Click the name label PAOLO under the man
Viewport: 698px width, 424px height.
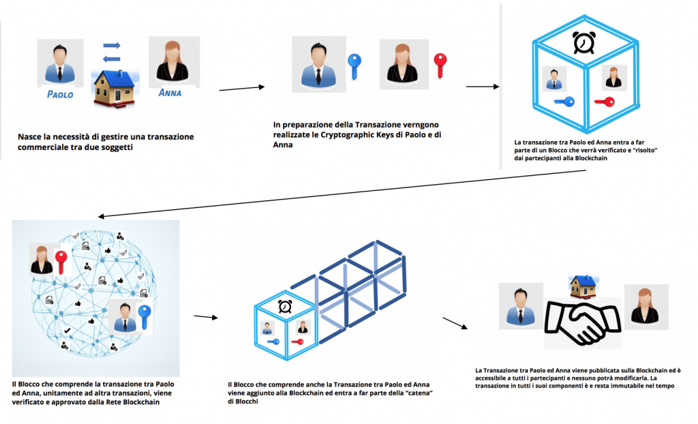[x=60, y=95]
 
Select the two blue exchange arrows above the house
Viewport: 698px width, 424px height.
[x=111, y=52]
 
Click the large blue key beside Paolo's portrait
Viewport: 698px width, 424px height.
[x=353, y=67]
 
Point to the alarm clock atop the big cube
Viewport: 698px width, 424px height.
[x=583, y=42]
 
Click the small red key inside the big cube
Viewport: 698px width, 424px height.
[x=604, y=102]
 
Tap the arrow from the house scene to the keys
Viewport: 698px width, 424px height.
[x=241, y=87]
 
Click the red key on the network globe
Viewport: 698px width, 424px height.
[x=62, y=262]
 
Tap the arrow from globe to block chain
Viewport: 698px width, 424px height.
[x=204, y=317]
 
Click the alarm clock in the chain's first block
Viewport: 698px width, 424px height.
[x=284, y=306]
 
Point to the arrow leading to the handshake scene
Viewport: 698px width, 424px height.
[x=455, y=322]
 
